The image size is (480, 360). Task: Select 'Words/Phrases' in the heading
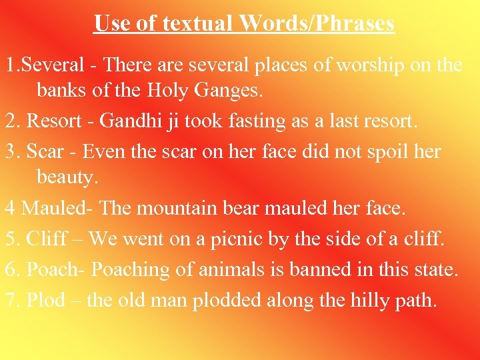click(317, 23)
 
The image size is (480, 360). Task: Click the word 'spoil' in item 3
click(377, 151)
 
